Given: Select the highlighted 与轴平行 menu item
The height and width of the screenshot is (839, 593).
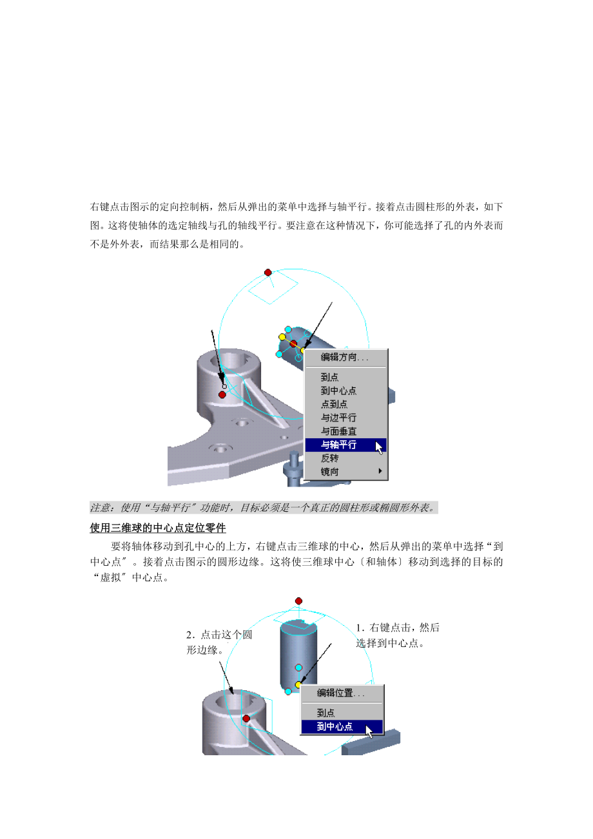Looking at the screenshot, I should pyautogui.click(x=339, y=445).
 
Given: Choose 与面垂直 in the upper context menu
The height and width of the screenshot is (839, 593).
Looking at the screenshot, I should pyautogui.click(x=339, y=431).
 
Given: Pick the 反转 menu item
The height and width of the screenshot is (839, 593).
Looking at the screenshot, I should pyautogui.click(x=330, y=458).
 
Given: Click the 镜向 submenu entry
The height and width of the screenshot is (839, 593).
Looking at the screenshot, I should pyautogui.click(x=330, y=472).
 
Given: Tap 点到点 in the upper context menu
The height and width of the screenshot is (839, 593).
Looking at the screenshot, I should pyautogui.click(x=335, y=404).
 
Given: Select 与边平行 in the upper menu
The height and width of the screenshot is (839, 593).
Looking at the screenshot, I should pyautogui.click(x=339, y=418).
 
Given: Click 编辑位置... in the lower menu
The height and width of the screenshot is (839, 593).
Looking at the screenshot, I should pyautogui.click(x=340, y=693).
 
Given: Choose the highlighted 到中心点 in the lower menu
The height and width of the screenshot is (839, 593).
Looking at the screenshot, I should pyautogui.click(x=335, y=727).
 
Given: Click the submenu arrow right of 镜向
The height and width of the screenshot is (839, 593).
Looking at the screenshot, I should pyautogui.click(x=380, y=472).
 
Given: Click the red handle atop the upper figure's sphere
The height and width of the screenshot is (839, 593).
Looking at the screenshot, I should pyautogui.click(x=268, y=273).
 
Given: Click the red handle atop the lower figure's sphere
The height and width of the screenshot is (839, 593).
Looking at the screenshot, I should pyautogui.click(x=298, y=601).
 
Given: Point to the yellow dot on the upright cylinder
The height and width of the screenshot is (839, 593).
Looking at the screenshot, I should pyautogui.click(x=298, y=684).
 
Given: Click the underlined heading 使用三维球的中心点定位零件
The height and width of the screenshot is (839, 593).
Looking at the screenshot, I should pyautogui.click(x=158, y=528).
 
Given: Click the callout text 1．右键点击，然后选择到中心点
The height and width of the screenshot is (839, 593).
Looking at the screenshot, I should pyautogui.click(x=397, y=635).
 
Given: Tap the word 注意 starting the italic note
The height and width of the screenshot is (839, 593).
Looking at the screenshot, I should pyautogui.click(x=100, y=508).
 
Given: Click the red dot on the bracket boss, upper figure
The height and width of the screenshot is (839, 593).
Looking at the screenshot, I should pyautogui.click(x=222, y=394).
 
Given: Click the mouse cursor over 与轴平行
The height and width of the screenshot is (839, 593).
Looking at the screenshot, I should pyautogui.click(x=380, y=447).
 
